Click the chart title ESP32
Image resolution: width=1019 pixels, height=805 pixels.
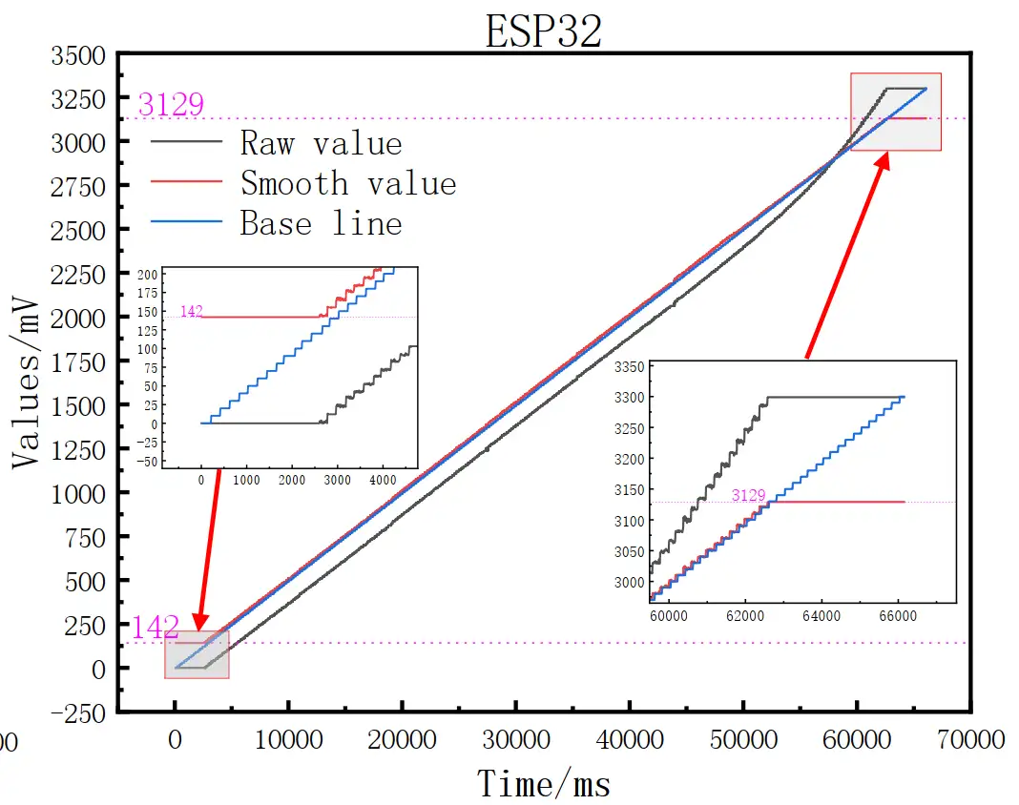tap(543, 31)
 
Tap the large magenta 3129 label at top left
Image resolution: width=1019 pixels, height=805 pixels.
tap(171, 103)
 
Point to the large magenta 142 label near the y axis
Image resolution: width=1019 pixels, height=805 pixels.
tap(155, 627)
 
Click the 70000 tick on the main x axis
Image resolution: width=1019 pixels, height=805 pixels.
tap(969, 740)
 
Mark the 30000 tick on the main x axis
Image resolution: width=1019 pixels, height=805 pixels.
tap(515, 740)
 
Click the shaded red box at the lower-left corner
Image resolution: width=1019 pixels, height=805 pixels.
tap(198, 654)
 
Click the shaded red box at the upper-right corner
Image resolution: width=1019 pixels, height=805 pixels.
tap(895, 112)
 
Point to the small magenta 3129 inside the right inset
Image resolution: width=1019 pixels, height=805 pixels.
tap(749, 495)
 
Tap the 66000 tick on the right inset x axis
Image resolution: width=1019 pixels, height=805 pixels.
tap(898, 617)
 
